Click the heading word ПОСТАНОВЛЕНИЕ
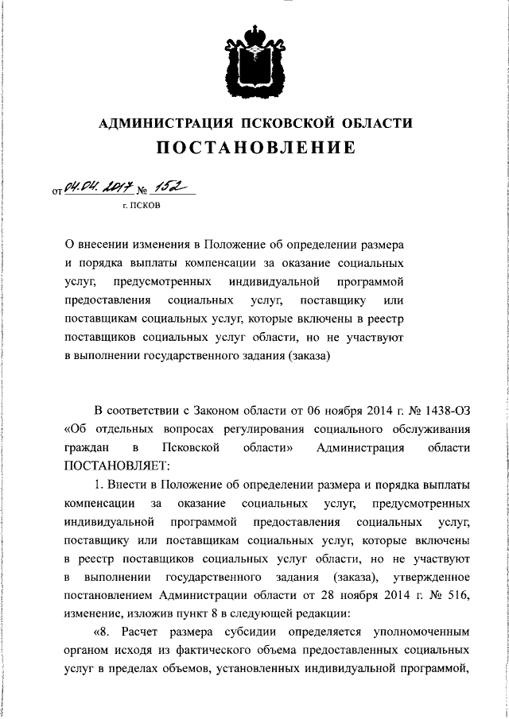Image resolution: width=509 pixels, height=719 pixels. click(x=255, y=147)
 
